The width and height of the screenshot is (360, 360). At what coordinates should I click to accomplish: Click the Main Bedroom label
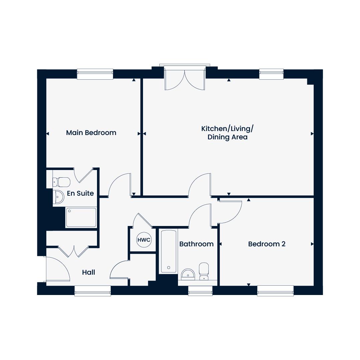pos(91,133)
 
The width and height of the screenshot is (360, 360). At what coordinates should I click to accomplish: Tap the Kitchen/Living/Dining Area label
pos(227,133)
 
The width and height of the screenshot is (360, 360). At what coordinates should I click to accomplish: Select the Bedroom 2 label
pos(267,244)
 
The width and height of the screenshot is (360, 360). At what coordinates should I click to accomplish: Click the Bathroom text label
pos(197,244)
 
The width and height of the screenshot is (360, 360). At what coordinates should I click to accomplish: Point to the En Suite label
pos(80,193)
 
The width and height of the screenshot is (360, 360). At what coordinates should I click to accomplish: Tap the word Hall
pos(89,272)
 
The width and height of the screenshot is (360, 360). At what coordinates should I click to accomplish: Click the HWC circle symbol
pos(144,240)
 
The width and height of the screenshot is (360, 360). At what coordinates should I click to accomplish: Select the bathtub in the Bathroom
pos(169,251)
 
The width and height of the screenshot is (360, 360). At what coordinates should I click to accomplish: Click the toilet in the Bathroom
pos(204,271)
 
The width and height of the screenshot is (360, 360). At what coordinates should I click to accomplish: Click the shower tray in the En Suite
pos(81,217)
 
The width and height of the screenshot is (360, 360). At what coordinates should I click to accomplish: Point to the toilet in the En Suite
pos(61,182)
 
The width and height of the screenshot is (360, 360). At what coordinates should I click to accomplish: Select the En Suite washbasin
pos(59,197)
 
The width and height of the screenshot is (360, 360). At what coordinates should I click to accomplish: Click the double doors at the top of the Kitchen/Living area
pos(185,80)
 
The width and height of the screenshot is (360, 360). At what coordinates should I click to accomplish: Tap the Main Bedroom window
pos(95,74)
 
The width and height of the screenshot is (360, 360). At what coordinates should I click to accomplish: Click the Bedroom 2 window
pos(276,290)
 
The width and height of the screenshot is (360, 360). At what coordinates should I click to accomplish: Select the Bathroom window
pos(200,290)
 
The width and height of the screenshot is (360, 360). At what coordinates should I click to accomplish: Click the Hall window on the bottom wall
pos(93,290)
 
